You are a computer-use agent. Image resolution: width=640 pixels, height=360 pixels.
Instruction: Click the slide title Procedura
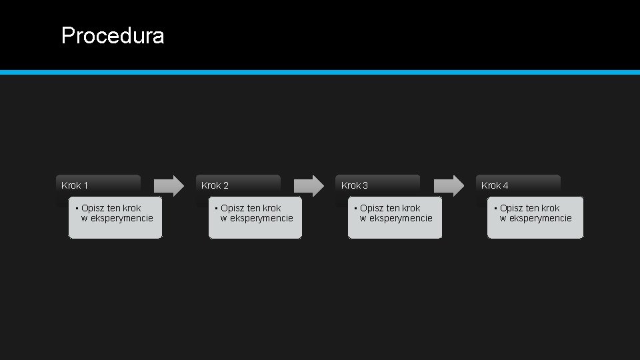point(112,35)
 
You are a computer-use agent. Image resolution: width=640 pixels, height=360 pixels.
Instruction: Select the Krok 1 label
point(75,185)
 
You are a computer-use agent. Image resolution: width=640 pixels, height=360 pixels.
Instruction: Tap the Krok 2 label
point(215,185)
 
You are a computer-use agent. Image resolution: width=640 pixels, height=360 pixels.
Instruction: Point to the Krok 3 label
point(355,185)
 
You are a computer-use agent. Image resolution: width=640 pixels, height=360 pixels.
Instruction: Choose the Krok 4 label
point(495,185)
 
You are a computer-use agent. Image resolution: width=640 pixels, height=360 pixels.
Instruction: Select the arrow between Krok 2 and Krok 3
point(309,185)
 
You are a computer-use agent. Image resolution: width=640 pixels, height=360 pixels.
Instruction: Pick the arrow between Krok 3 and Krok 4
point(449,185)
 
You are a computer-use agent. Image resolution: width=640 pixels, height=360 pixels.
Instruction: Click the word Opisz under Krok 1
point(93,208)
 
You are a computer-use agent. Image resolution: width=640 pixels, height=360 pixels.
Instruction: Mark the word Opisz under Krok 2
point(232,208)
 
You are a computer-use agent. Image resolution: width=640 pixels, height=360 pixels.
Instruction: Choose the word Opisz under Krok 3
point(371,208)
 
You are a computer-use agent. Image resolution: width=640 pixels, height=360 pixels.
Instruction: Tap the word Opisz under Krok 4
point(511,208)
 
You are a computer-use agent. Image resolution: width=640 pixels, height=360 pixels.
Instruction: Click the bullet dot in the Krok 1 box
point(77,208)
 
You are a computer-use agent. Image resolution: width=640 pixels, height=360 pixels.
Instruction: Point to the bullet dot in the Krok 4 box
point(496,208)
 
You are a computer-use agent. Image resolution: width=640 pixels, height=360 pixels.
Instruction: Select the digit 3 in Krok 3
point(365,185)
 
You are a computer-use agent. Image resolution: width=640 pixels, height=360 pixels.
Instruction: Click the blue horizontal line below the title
point(320,72)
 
